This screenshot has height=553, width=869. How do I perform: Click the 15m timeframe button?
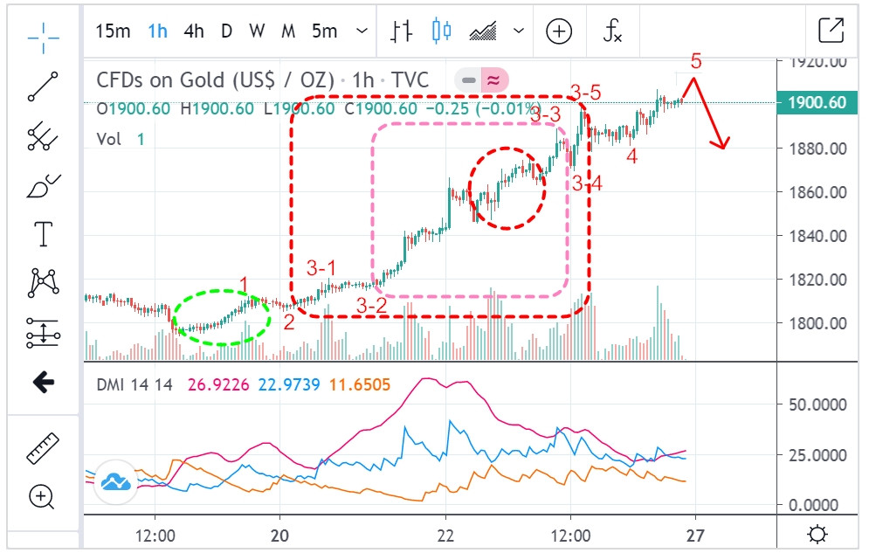coord(113,31)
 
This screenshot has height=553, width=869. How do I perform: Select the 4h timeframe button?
coord(194,31)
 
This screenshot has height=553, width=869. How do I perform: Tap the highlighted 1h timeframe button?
coord(157,31)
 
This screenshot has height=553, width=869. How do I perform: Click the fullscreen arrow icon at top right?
coord(831,31)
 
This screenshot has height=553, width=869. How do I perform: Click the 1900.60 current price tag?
coord(816,103)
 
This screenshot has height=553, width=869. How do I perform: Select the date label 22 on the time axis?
coord(445,535)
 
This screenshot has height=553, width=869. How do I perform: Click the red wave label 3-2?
coord(372,306)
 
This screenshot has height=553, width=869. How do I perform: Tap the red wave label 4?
coord(631,157)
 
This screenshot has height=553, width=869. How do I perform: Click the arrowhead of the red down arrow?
coord(723,146)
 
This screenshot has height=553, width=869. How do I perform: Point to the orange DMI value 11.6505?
coord(360,384)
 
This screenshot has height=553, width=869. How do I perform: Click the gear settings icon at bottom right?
coord(817,534)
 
